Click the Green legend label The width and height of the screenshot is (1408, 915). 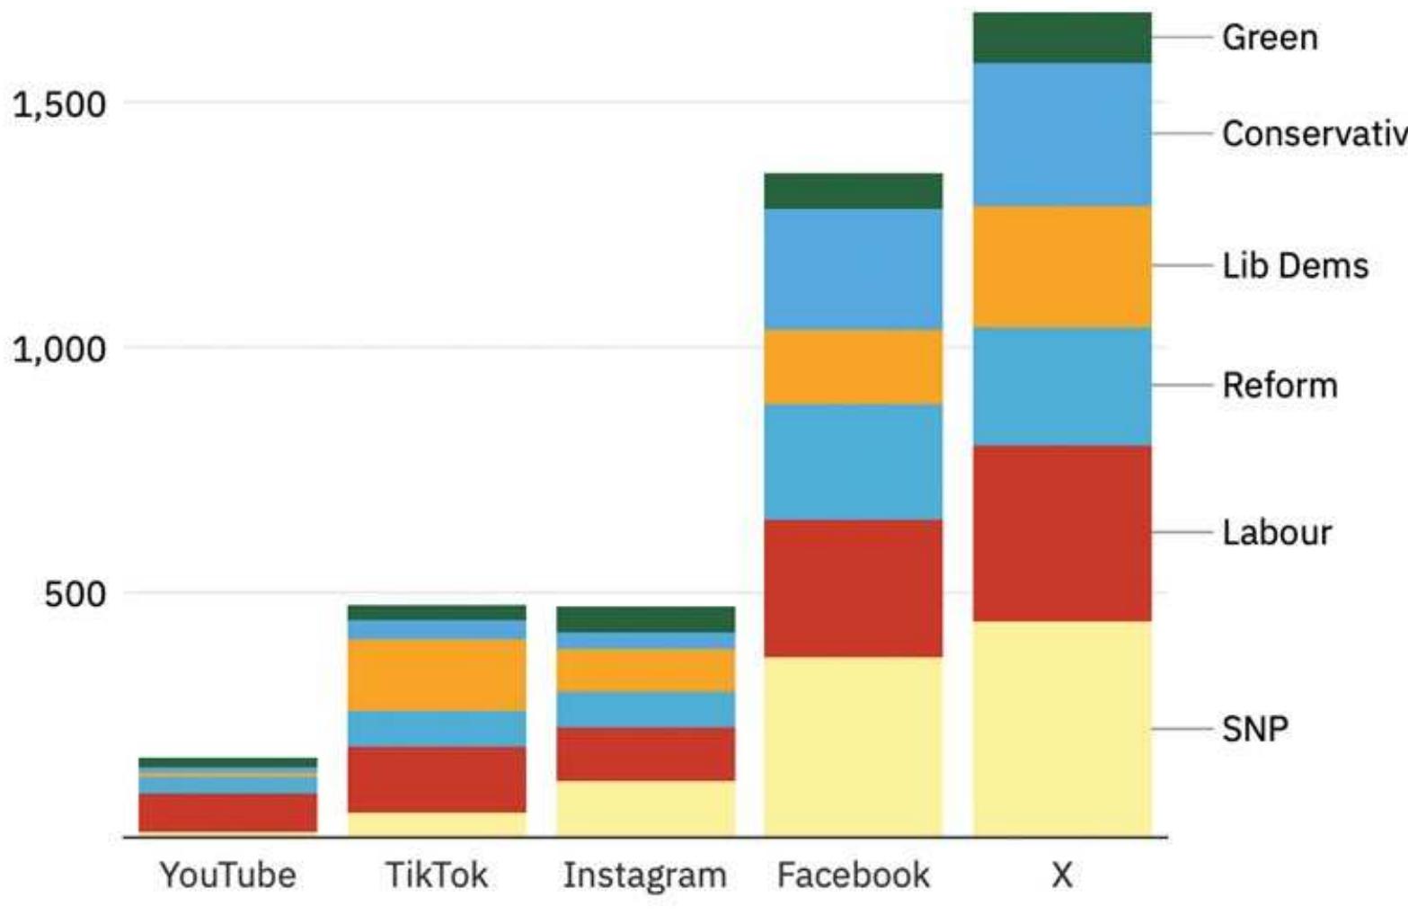1269,38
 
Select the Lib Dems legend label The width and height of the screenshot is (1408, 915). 1295,266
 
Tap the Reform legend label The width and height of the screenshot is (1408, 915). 1280,386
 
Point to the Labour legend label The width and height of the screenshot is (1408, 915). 1276,533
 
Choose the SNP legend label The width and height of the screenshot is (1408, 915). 1254,729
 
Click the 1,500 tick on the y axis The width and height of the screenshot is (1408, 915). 59,104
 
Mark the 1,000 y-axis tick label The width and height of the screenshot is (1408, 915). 59,349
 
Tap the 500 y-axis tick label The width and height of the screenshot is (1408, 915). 75,594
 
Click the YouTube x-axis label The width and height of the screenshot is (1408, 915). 227,875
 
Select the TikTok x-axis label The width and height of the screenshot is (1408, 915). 437,875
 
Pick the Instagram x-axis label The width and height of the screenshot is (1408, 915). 644,875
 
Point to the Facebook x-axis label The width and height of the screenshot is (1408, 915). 853,875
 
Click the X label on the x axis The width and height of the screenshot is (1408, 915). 1061,875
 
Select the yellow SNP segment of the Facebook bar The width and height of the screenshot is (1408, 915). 853,746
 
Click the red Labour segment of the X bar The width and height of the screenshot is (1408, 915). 1061,533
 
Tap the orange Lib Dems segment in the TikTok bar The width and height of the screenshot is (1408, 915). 437,675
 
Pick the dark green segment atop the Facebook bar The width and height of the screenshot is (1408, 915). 853,191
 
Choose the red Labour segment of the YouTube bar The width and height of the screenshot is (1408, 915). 227,813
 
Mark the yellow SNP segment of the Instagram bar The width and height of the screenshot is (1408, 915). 644,808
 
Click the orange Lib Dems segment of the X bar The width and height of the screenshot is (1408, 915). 1061,267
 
